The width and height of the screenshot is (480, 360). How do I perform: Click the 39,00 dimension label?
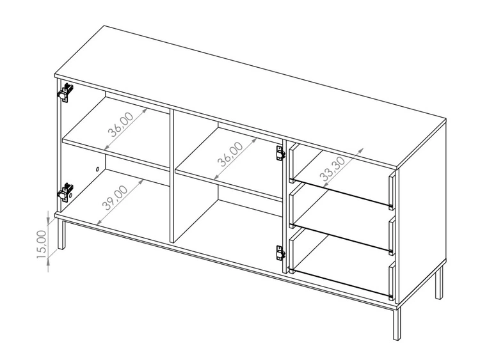[117, 197]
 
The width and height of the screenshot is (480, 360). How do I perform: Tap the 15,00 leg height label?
[41, 244]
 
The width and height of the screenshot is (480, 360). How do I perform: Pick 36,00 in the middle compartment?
[229, 153]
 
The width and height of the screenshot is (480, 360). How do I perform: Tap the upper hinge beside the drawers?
[279, 153]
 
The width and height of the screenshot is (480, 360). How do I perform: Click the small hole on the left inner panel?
[97, 169]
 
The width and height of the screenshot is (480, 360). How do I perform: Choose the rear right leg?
[438, 283]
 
